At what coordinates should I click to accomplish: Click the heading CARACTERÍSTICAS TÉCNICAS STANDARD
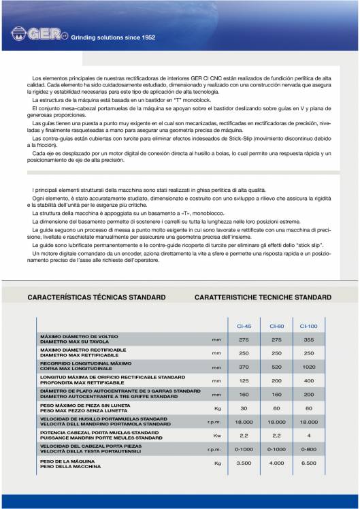click(x=96, y=297)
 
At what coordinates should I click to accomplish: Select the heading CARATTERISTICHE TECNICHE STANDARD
click(x=263, y=297)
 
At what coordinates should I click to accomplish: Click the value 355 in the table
click(x=308, y=339)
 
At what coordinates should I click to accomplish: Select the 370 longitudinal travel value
click(x=244, y=366)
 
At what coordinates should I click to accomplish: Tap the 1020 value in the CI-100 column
click(x=308, y=366)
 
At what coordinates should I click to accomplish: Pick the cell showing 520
click(x=276, y=366)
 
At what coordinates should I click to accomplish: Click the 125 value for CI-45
click(x=244, y=380)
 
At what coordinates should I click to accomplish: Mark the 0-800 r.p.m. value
click(x=308, y=449)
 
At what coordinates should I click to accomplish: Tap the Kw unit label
click(x=217, y=435)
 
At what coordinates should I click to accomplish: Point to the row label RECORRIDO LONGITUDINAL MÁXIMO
click(x=84, y=364)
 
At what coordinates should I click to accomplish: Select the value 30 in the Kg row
click(x=244, y=408)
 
